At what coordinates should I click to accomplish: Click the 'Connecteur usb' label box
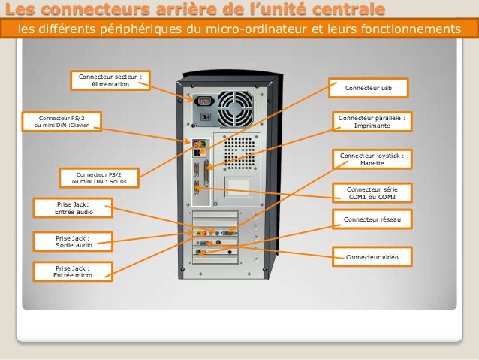tap(368, 88)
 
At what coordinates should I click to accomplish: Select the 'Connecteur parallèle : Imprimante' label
tap(372, 122)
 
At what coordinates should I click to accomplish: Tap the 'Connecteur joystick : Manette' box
tap(372, 159)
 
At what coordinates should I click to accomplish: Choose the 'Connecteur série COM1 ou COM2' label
tap(372, 193)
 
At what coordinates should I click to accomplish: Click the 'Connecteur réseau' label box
tap(372, 219)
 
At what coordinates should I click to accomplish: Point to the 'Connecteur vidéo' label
tap(372, 257)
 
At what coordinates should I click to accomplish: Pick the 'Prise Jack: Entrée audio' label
tap(72, 208)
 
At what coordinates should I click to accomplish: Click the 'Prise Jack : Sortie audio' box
tap(74, 241)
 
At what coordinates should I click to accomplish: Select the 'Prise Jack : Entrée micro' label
tap(72, 271)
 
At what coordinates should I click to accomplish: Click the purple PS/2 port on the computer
tap(194, 141)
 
